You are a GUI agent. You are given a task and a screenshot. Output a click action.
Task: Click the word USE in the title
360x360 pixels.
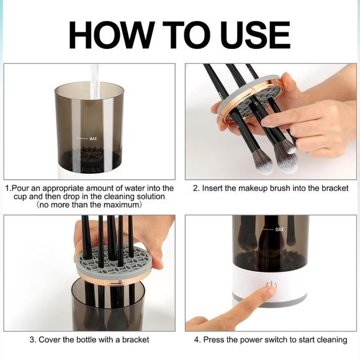click(253, 35)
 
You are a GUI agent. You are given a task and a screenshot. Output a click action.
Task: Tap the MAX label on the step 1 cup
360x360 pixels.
click(94, 138)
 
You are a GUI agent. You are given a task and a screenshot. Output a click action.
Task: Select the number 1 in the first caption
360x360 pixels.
click(7, 188)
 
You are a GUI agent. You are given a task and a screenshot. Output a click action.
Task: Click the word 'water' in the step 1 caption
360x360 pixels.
click(122, 188)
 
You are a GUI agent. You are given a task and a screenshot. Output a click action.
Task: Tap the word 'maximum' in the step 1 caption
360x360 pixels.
click(121, 204)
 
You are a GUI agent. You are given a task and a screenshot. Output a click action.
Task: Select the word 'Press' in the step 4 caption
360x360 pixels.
click(214, 340)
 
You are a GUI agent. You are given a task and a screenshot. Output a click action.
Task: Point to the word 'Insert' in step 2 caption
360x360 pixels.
click(214, 188)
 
